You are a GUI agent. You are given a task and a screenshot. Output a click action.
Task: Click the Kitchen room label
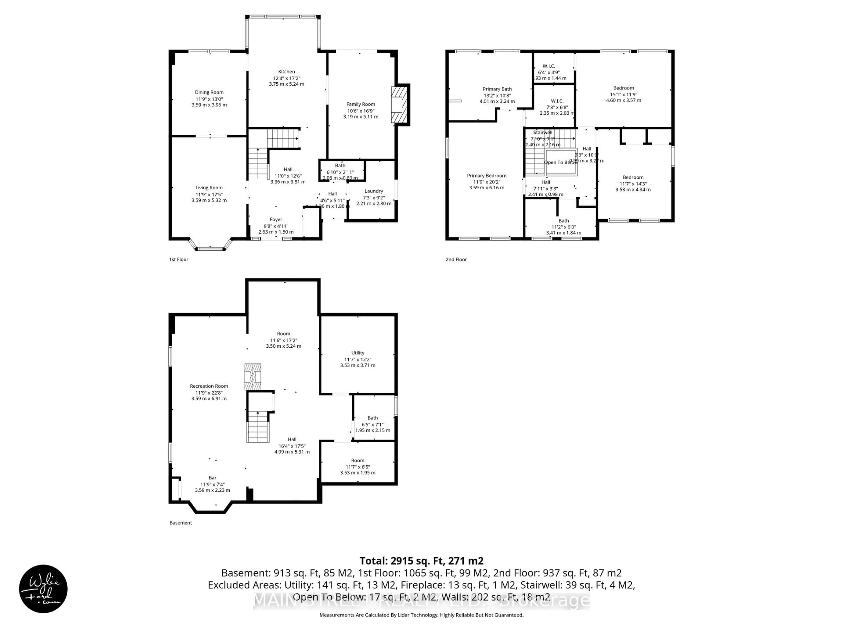pyautogui.click(x=286, y=72)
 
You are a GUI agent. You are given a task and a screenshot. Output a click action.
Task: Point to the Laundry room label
pyautogui.click(x=373, y=191)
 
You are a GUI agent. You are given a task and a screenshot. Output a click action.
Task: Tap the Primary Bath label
pyautogui.click(x=497, y=89)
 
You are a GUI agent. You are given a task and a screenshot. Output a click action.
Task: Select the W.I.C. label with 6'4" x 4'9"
pyautogui.click(x=549, y=66)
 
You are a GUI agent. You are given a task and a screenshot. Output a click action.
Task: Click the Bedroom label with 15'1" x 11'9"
pyautogui.click(x=623, y=88)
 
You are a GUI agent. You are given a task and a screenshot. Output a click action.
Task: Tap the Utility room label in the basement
pyautogui.click(x=357, y=353)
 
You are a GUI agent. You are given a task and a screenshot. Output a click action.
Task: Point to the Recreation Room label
pyautogui.click(x=209, y=386)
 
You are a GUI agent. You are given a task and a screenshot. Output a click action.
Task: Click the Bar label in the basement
pyautogui.click(x=212, y=478)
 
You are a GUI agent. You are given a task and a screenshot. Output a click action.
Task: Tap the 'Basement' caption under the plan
pyautogui.click(x=181, y=523)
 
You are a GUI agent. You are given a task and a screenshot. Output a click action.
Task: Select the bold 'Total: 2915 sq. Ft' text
pyautogui.click(x=421, y=561)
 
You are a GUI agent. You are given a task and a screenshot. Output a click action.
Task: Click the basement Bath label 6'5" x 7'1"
pyautogui.click(x=372, y=418)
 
